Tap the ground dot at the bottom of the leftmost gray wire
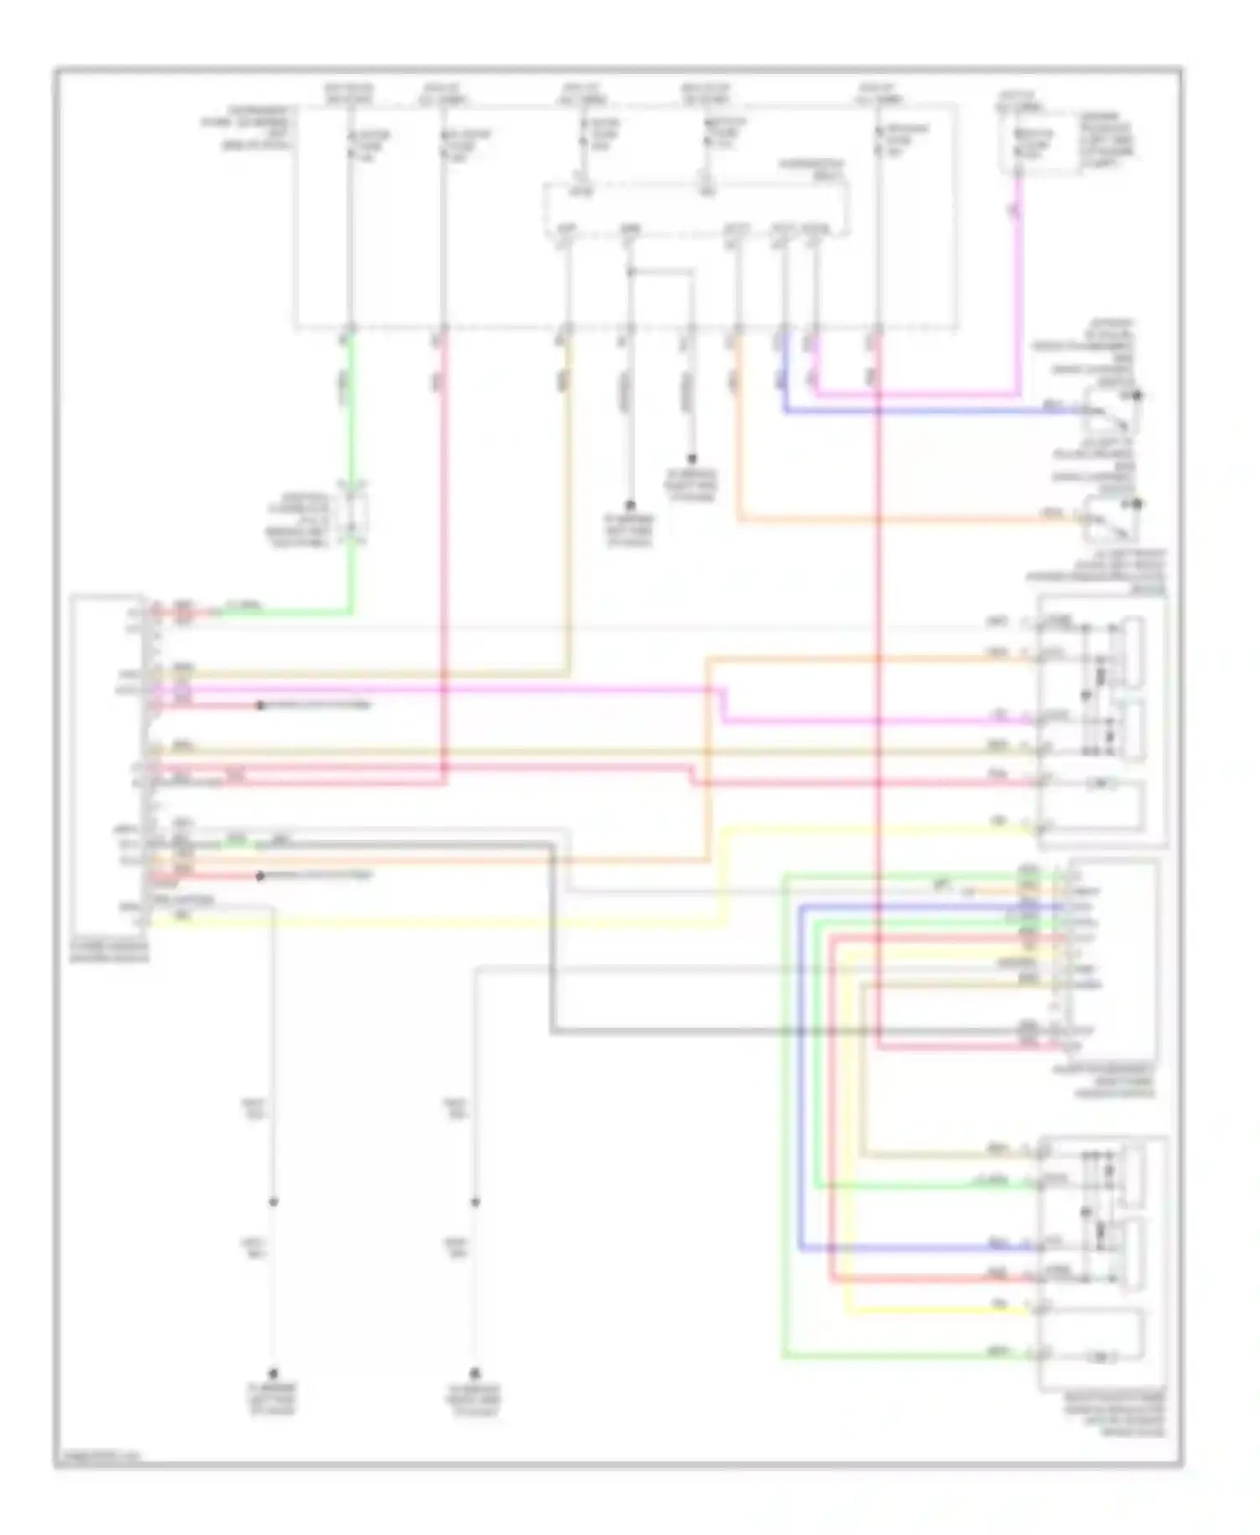point(273,1373)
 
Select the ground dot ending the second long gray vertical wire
point(475,1373)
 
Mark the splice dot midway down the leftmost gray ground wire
point(273,1202)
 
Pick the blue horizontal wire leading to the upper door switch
point(924,411)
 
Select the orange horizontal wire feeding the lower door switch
point(882,520)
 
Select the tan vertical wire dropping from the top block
point(569,504)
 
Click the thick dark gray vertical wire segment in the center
point(552,940)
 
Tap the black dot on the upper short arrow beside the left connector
point(260,706)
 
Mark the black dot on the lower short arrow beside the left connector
point(260,877)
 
